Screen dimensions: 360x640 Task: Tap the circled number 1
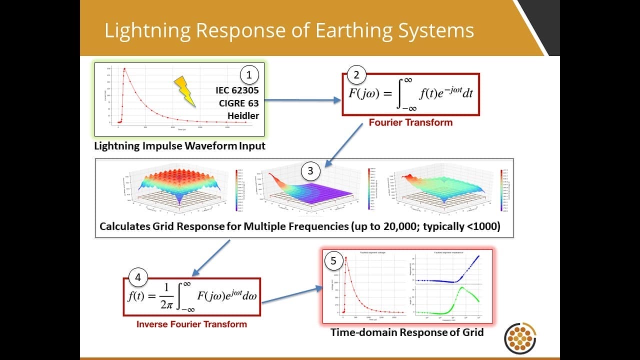[249, 75]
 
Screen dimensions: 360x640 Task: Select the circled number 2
[356, 75]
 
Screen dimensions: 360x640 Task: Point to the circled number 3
[310, 171]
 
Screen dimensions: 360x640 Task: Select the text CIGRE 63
[238, 104]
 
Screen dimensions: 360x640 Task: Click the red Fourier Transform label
[410, 122]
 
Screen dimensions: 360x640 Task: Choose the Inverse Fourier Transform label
[191, 324]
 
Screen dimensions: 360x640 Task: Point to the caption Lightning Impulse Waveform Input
[180, 146]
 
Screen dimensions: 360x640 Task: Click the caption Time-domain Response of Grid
[407, 332]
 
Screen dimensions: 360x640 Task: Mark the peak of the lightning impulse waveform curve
[124, 69]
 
